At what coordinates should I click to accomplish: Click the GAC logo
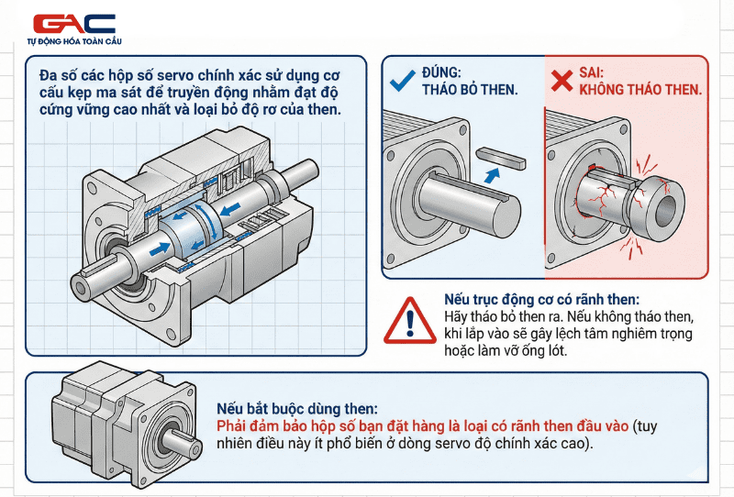(x=73, y=24)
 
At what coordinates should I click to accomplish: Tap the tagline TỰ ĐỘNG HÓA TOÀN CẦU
(x=73, y=41)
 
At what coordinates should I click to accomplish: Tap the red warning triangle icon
(x=410, y=321)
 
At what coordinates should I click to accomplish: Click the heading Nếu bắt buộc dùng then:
(x=296, y=409)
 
